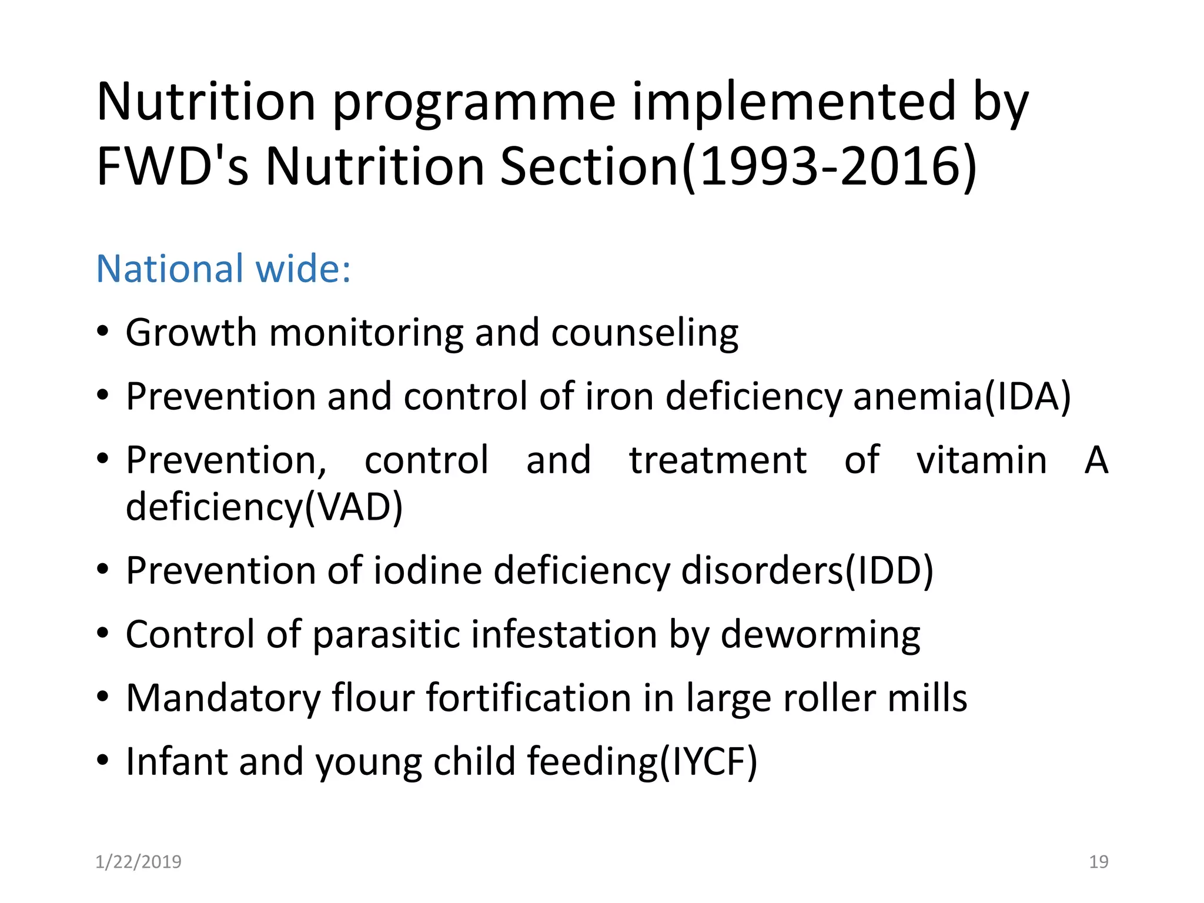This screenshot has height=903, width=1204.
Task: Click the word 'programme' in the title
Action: point(474,105)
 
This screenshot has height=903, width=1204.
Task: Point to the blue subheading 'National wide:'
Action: point(223,269)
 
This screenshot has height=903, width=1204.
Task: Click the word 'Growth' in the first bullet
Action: point(192,333)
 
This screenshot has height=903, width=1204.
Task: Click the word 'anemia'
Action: point(917,396)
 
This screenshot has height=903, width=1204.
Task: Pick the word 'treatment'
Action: point(717,460)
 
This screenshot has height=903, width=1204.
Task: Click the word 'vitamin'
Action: point(982,460)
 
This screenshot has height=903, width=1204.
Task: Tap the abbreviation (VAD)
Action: point(353,507)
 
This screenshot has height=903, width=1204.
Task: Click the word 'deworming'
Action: point(820,635)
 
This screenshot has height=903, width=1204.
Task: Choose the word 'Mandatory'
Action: point(223,698)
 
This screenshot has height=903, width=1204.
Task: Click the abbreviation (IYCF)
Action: point(708,762)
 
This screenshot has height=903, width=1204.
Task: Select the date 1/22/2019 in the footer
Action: point(139,862)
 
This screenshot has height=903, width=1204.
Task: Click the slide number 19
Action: point(1098,862)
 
